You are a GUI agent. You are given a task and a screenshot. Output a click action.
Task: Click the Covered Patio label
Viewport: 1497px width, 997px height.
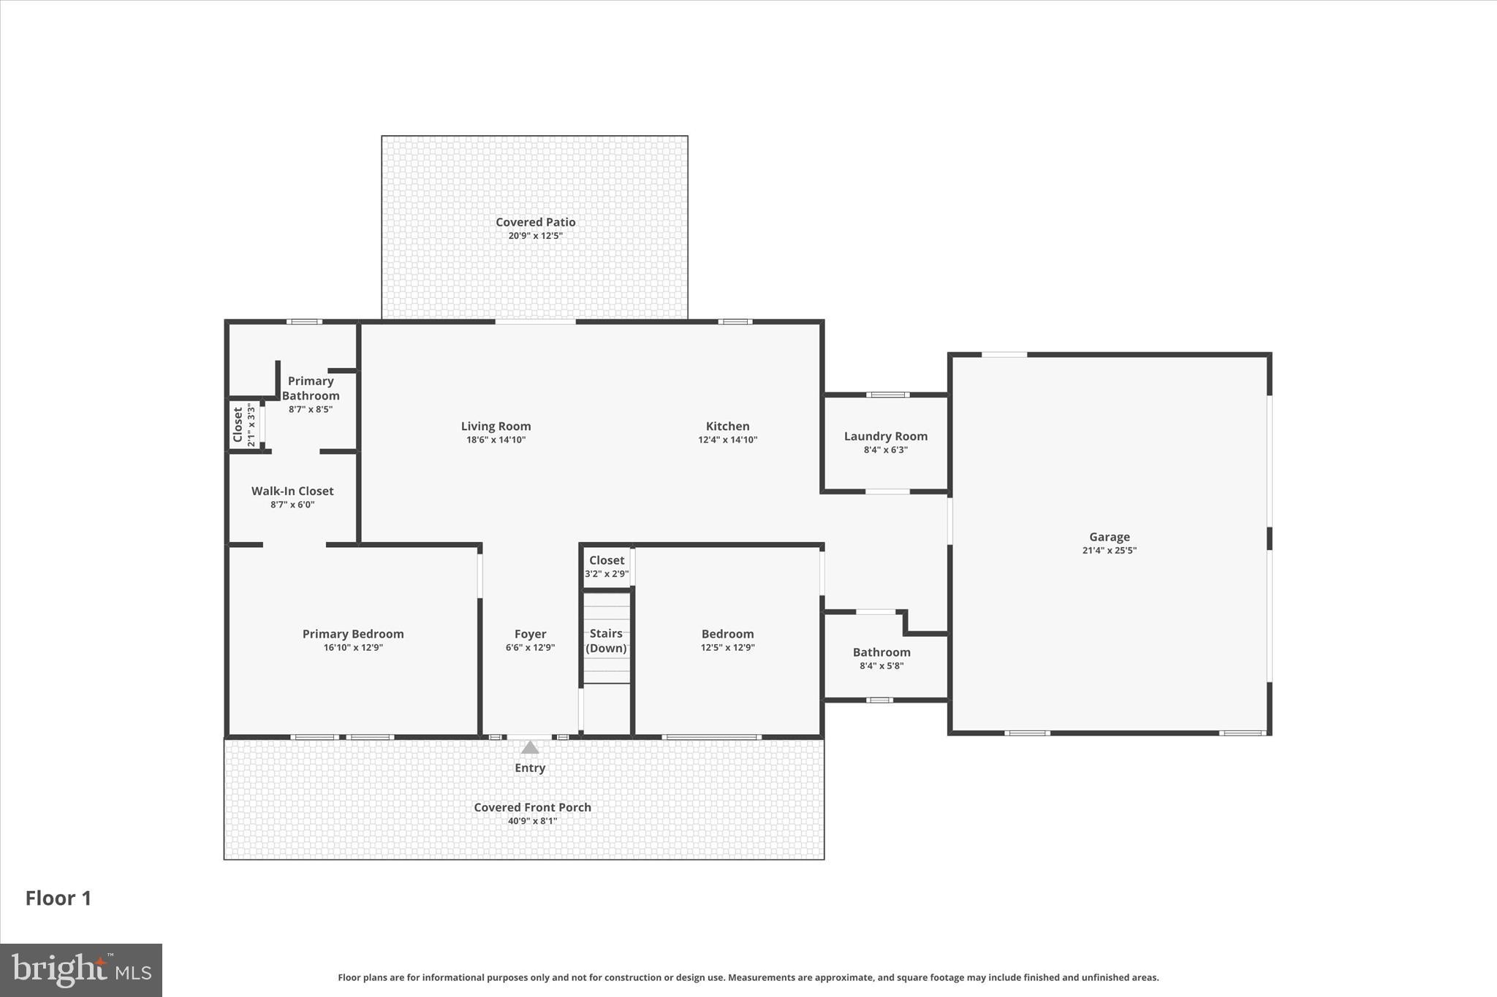point(535,222)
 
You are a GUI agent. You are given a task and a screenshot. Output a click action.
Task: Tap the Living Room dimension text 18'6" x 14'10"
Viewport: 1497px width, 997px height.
point(496,440)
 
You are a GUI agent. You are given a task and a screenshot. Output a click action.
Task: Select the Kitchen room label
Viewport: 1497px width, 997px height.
point(727,426)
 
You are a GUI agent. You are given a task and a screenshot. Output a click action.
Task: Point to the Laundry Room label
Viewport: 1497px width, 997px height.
point(885,436)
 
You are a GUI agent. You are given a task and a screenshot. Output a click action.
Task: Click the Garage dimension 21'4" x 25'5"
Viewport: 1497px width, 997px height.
point(1109,551)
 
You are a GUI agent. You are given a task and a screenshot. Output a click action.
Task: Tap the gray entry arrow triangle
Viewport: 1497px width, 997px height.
point(530,747)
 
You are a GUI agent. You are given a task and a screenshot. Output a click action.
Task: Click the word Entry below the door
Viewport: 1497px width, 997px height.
point(530,768)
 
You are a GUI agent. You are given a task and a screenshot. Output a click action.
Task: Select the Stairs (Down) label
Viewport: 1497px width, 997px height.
point(606,641)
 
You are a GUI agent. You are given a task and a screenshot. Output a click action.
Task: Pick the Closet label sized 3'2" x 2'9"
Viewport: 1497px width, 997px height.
point(607,560)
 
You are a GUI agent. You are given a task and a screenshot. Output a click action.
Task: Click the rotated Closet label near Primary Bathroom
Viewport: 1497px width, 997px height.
point(238,424)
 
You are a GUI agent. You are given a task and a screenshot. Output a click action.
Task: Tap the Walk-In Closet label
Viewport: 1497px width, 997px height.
point(292,491)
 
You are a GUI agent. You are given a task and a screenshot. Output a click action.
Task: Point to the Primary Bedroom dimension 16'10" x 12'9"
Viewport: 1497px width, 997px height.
point(353,648)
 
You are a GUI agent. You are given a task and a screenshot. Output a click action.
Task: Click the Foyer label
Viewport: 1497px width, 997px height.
point(530,634)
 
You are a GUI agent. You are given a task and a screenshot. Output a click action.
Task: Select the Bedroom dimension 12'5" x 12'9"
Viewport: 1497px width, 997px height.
point(727,648)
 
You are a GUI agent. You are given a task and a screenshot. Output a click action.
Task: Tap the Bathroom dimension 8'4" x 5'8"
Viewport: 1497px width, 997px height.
point(882,666)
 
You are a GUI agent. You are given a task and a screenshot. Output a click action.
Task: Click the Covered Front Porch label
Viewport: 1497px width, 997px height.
point(532,807)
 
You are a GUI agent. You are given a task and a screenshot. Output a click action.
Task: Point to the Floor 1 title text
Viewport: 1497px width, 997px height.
point(58,898)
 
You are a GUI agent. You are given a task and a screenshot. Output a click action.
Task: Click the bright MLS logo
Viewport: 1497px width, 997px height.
point(80,970)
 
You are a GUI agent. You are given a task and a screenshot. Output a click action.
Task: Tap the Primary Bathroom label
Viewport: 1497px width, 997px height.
point(311,388)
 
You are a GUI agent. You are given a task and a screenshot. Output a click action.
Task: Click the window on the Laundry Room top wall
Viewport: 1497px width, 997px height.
point(887,395)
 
